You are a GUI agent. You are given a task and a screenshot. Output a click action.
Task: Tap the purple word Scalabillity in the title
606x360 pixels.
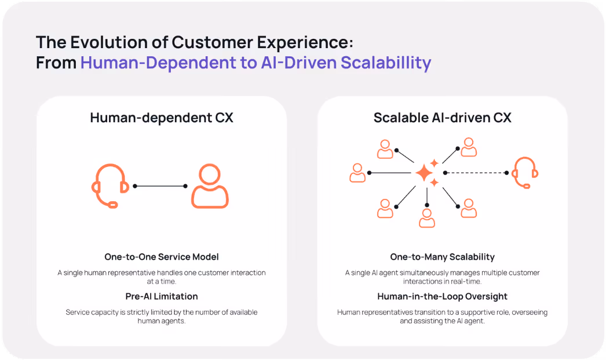pos(386,63)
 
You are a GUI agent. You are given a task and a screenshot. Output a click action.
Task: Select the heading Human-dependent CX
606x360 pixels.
pos(162,118)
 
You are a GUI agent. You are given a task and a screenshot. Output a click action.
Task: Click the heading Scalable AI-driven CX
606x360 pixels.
pos(443,118)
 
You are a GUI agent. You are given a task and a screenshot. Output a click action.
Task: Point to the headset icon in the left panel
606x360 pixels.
pos(110,186)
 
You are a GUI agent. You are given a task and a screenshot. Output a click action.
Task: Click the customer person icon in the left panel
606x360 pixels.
pos(210,186)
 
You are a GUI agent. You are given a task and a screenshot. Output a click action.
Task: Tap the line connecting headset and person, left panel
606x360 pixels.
pos(160,186)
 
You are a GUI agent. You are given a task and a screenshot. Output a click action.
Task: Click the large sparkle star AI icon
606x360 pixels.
pos(424,173)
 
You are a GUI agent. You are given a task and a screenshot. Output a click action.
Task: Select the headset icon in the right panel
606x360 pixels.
pos(525,173)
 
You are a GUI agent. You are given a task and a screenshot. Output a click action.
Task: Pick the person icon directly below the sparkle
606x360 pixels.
pos(427,217)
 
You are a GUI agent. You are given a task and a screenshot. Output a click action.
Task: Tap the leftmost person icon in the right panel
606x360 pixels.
pos(357,172)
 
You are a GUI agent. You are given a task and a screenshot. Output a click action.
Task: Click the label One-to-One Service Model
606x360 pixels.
pos(162,257)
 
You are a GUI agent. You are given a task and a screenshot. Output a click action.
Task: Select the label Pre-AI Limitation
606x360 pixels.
pos(162,296)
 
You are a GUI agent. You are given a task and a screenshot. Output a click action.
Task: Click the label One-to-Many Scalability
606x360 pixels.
pos(443,257)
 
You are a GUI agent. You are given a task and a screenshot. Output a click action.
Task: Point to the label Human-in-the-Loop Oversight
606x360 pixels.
pos(443,296)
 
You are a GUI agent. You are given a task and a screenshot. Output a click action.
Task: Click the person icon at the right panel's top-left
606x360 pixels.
pos(385,148)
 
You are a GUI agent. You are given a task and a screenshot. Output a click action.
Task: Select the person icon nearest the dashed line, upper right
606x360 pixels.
pos(469,147)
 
